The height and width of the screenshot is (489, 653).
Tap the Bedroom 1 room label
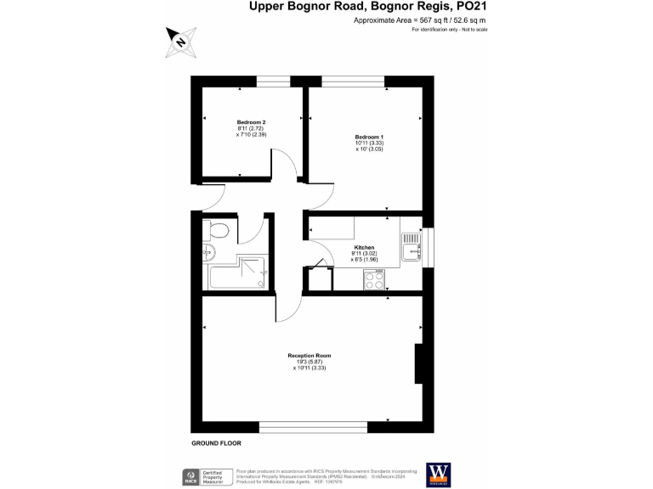369,137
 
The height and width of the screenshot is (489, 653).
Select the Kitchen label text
364,247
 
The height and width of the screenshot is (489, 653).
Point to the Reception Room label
309,355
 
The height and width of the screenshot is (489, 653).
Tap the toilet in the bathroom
219,229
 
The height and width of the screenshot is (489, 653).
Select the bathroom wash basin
208,251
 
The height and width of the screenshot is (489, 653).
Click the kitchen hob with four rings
374,278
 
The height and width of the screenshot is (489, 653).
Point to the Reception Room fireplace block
418,363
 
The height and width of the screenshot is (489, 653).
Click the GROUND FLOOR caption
216,443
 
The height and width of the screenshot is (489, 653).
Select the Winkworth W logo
438,474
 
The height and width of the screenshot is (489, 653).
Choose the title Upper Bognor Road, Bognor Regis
367,7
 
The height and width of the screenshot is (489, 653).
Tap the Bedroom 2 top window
272,82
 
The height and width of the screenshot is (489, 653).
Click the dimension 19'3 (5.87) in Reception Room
309,362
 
